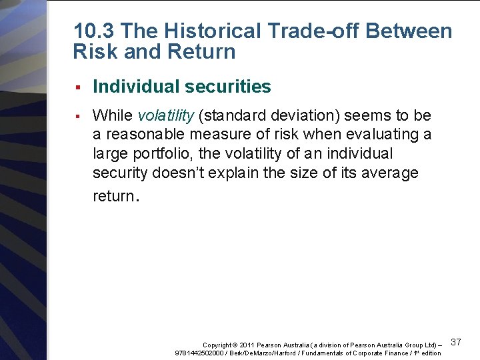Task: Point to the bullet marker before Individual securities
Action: tap(78, 87)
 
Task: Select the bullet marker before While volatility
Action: tap(78, 116)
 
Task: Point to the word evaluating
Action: tap(387, 135)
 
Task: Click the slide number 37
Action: tap(457, 342)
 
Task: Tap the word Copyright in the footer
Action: tap(217, 345)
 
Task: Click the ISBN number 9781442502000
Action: tap(198, 353)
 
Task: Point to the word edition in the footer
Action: tap(431, 353)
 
